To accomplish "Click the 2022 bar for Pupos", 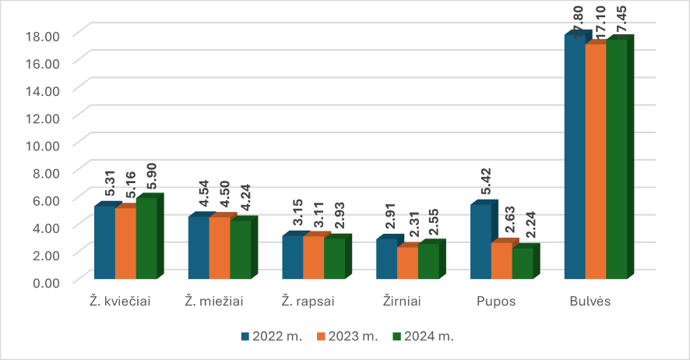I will tap(480, 242).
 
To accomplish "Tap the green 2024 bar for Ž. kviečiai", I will tap(146, 238).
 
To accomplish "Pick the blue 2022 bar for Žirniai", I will tap(386, 259).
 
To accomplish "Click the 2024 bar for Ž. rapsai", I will tap(334, 258).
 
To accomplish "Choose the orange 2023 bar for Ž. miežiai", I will tap(219, 248).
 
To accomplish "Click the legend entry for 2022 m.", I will tap(267, 337).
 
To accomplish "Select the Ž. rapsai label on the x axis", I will tap(313, 302).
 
